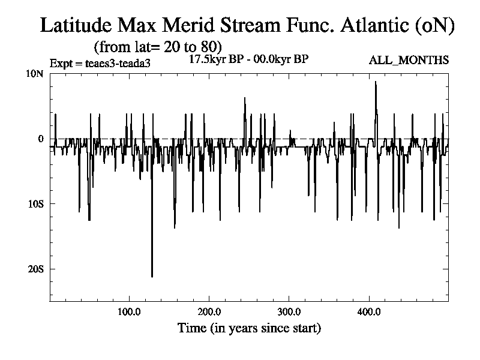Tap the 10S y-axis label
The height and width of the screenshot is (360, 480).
tap(37, 204)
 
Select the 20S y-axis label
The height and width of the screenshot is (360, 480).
tap(37, 269)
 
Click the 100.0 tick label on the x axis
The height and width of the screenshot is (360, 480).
tap(129, 312)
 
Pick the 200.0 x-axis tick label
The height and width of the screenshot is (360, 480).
tap(209, 312)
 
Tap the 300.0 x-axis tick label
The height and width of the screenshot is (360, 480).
tap(289, 312)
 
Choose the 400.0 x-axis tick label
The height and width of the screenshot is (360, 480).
tap(368, 312)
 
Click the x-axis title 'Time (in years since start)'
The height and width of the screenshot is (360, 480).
tap(249, 329)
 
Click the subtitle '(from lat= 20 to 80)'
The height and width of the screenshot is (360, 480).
tap(158, 46)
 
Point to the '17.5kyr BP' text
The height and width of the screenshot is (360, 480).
tap(213, 59)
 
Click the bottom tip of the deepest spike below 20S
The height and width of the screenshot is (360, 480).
tap(152, 277)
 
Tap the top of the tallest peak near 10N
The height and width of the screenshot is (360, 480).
tap(376, 82)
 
